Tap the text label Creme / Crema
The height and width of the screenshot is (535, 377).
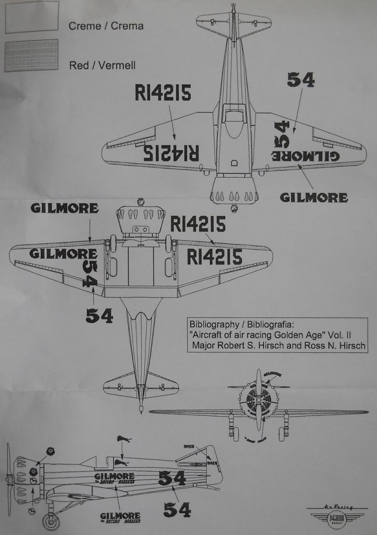click(105, 26)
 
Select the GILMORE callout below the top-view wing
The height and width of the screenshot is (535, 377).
click(313, 197)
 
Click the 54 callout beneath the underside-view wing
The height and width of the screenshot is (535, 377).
click(99, 315)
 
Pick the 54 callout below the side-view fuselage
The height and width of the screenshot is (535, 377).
click(177, 509)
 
